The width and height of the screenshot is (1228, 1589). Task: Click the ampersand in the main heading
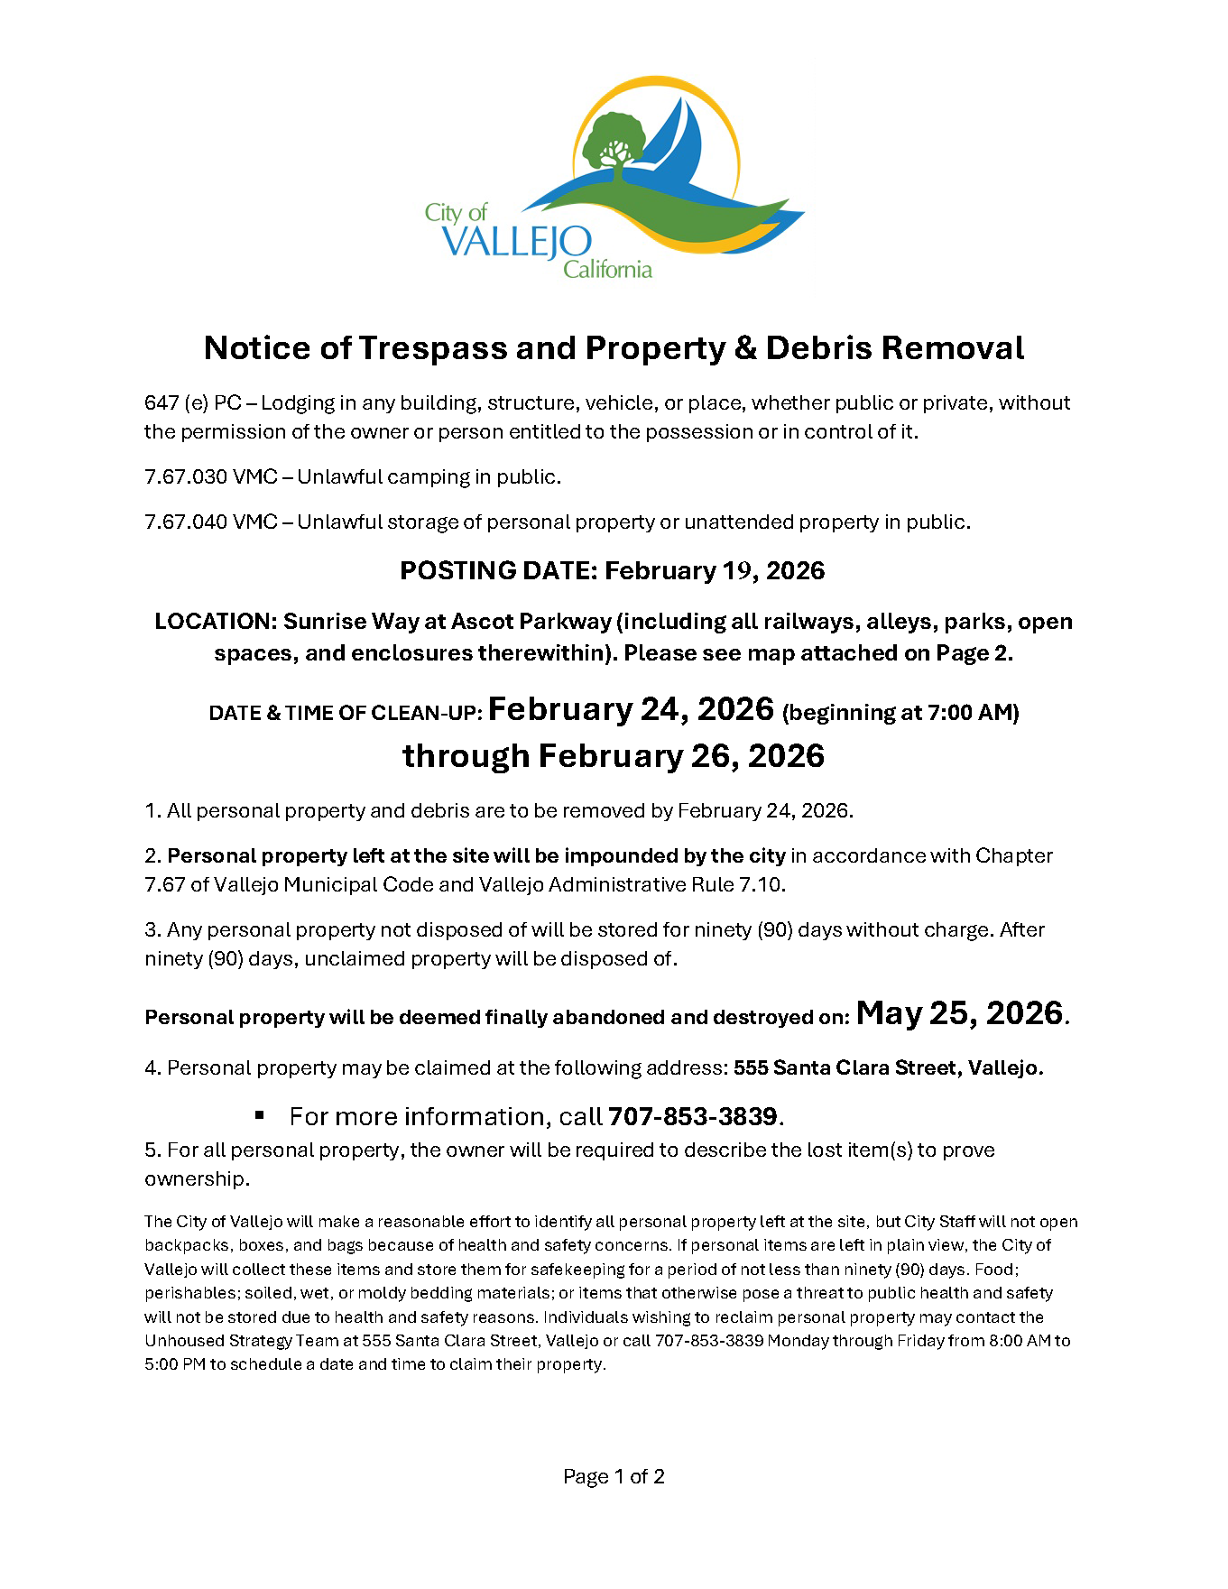[x=744, y=348]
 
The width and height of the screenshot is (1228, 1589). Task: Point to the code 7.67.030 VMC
[x=210, y=477]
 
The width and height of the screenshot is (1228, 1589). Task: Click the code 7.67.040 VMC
[x=210, y=522]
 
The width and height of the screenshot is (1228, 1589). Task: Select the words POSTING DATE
[x=497, y=571]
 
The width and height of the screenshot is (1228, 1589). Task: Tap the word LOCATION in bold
[x=214, y=622]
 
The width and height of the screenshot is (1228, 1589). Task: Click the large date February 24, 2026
[x=632, y=709]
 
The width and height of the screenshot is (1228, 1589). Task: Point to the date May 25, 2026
[x=959, y=1013]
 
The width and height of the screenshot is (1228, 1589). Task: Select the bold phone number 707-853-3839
[x=693, y=1117]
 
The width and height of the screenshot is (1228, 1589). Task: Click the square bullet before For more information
[x=260, y=1116]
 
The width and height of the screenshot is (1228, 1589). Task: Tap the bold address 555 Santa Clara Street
[x=846, y=1068]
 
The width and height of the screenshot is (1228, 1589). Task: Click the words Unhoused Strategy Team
[x=233, y=1341]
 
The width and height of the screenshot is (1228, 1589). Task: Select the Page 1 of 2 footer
[x=614, y=1477]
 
